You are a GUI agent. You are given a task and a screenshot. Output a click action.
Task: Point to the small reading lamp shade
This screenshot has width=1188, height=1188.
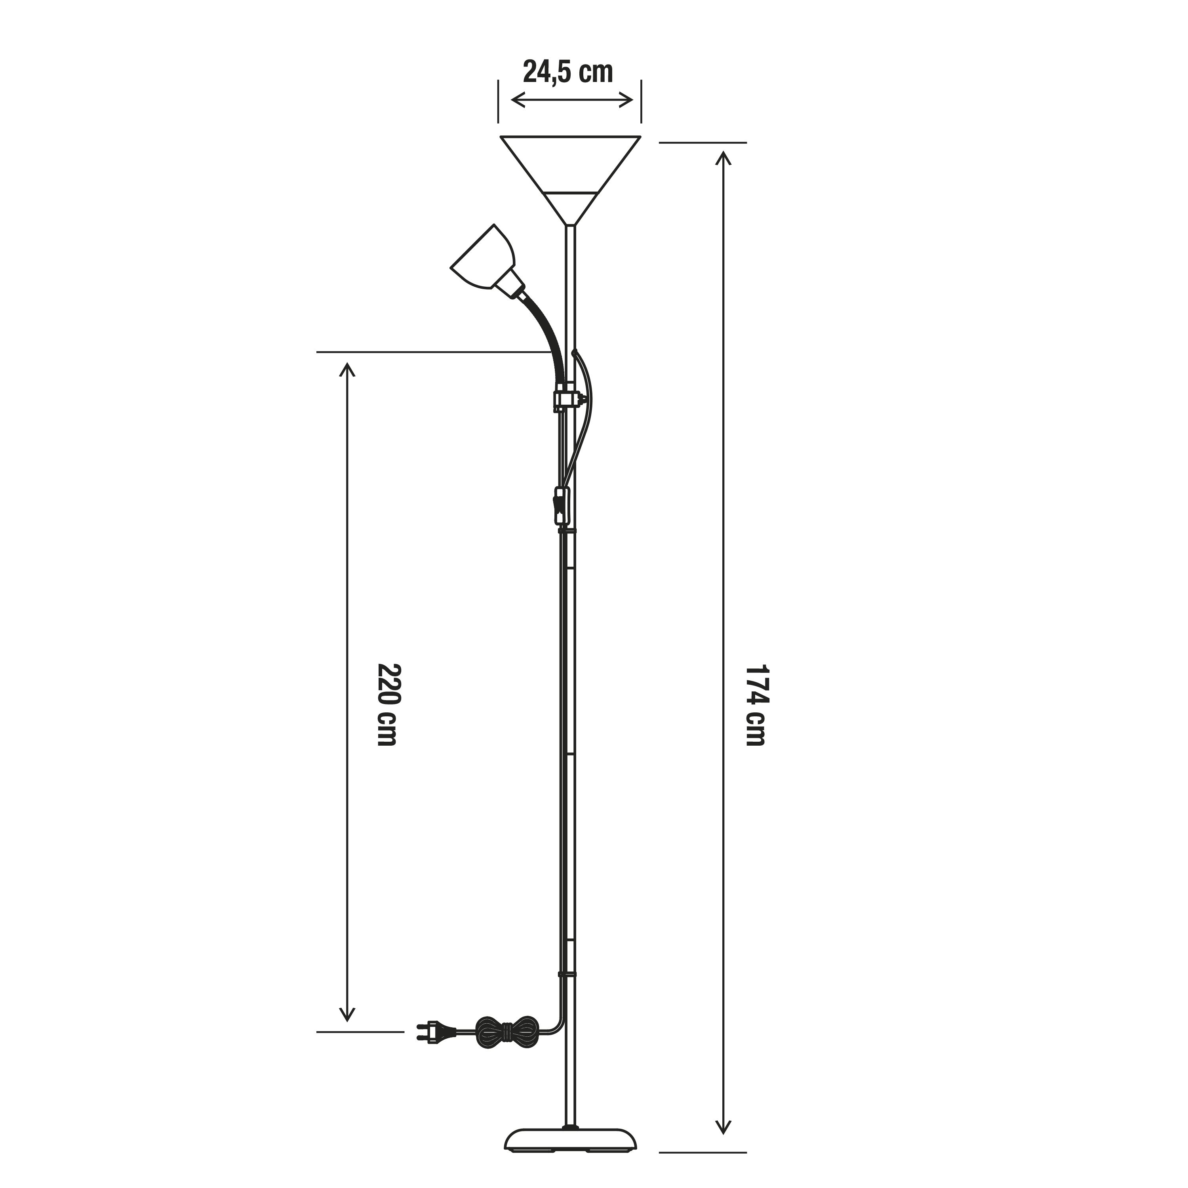point(483,259)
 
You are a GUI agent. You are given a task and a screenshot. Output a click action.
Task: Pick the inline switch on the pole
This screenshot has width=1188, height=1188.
point(562,505)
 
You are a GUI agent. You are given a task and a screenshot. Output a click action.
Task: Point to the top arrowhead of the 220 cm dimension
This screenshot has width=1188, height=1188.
point(347,369)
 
